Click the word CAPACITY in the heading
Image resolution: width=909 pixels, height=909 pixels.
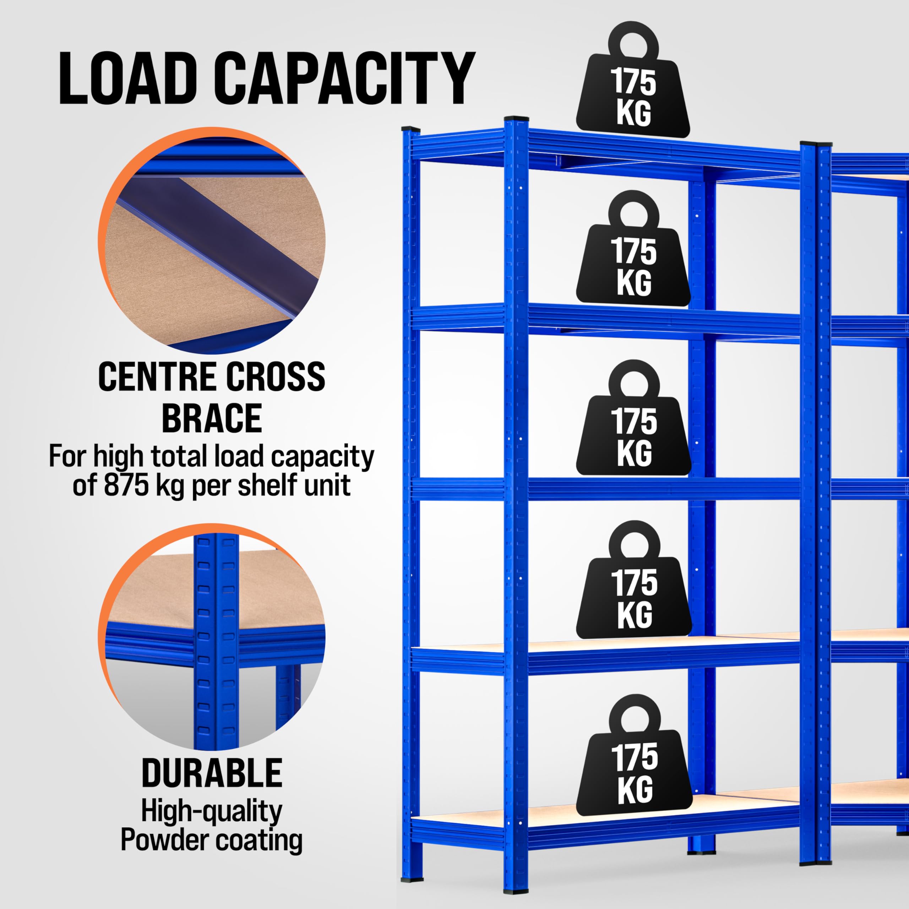pos(346,78)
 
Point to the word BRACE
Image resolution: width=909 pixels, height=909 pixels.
pos(212,418)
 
